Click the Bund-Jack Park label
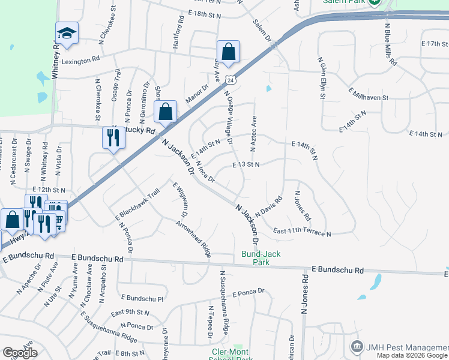(x=262, y=258)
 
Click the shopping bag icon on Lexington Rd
(x=229, y=52)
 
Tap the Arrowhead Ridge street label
(x=193, y=239)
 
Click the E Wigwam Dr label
(x=179, y=200)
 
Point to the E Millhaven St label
(x=369, y=94)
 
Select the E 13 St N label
(x=246, y=164)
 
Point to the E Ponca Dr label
(x=244, y=292)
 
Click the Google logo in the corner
(x=20, y=353)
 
